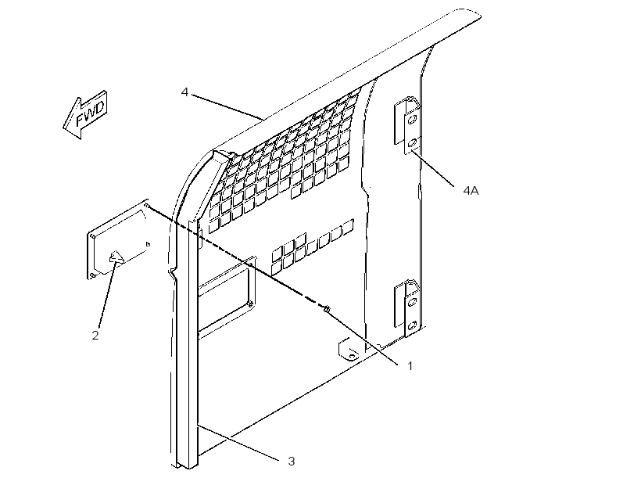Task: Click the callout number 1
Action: pyautogui.click(x=410, y=366)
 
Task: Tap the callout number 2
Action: pyautogui.click(x=95, y=336)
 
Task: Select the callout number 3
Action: pyautogui.click(x=291, y=462)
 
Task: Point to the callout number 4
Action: pyautogui.click(x=184, y=92)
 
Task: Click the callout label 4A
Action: pyautogui.click(x=471, y=190)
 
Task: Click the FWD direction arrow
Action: pyautogui.click(x=85, y=114)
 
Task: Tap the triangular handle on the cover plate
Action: pyautogui.click(x=116, y=258)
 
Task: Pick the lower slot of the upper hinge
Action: pyautogui.click(x=412, y=143)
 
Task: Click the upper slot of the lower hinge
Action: pyautogui.click(x=412, y=303)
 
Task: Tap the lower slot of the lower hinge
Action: pyautogui.click(x=412, y=325)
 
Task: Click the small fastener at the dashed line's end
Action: pyautogui.click(x=327, y=309)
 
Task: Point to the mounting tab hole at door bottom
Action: pyautogui.click(x=351, y=356)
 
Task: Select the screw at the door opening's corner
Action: pyautogui.click(x=250, y=304)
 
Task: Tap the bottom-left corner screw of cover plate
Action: pyautogui.click(x=92, y=275)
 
